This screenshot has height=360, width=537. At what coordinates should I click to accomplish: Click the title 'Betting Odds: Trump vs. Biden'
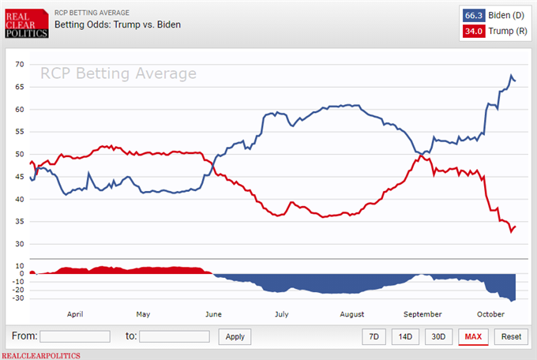[x=118, y=24]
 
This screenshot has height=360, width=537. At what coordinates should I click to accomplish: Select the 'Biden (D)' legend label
[x=505, y=15]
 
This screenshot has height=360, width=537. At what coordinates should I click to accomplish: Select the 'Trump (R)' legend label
[x=506, y=32]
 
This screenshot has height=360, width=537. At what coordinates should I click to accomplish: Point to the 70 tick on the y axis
[x=20, y=65]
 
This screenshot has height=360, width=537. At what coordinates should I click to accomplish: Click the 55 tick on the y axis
[x=20, y=132]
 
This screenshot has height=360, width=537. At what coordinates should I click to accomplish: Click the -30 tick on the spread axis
[x=18, y=298]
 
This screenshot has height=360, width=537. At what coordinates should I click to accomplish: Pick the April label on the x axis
[x=75, y=314]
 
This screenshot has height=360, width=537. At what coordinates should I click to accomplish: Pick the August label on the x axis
[x=351, y=314]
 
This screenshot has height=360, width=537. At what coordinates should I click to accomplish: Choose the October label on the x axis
[x=490, y=314]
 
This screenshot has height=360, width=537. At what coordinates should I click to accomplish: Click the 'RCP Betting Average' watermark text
[x=118, y=73]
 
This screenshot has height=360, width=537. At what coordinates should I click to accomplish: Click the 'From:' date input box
[x=75, y=336]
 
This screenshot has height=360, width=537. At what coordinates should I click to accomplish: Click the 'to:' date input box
[x=175, y=336]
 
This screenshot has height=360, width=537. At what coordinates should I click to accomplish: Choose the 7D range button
[x=374, y=336]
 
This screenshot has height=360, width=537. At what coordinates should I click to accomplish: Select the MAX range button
[x=473, y=336]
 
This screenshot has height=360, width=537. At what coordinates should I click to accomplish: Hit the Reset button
[x=511, y=336]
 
